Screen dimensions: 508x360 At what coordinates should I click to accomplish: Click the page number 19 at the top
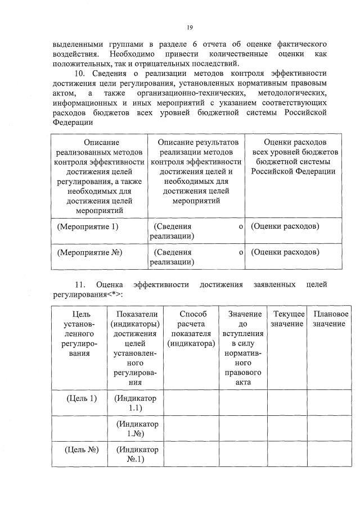190,26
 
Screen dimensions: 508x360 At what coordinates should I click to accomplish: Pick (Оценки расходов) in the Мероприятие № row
285,252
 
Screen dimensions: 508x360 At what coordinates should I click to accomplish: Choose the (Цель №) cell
82,450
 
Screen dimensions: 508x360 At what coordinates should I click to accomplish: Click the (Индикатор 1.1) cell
136,403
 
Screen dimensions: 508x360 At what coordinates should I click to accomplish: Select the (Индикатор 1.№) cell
136,428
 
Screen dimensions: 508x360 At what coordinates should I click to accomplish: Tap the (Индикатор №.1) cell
136,454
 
